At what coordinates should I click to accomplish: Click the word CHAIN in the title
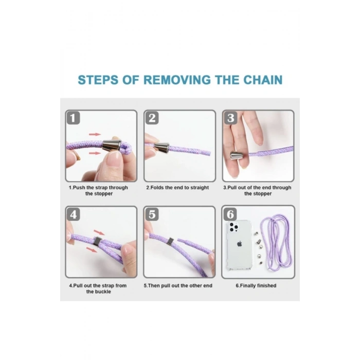263,80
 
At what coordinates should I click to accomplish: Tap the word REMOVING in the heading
177,80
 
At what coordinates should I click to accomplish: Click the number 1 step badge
73,118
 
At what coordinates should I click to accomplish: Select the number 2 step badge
152,118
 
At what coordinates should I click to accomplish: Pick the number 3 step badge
230,118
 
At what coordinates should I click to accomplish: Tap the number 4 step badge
73,214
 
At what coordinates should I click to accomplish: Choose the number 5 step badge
152,214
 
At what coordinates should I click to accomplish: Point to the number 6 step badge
230,214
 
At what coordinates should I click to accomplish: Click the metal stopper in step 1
112,146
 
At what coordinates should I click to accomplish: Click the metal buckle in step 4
97,242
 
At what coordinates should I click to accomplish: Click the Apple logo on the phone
240,244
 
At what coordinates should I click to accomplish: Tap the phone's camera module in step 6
233,227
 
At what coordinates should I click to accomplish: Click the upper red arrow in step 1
95,134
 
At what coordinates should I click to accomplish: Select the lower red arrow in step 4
92,249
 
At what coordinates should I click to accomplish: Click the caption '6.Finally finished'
256,285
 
